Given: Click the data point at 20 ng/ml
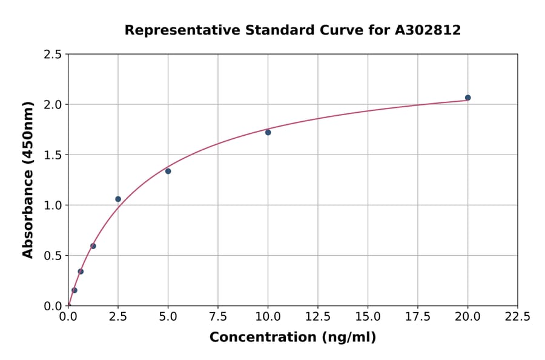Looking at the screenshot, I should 467,98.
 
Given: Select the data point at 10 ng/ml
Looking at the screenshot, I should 268,132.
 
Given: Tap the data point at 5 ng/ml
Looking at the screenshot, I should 168,171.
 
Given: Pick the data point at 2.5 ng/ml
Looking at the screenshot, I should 118,199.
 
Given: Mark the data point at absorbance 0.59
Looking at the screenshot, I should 93,246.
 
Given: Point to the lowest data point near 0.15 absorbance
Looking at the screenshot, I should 74,290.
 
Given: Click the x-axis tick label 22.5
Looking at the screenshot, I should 517,316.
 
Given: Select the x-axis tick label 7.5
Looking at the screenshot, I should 218,316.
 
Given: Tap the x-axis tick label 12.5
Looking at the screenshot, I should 318,316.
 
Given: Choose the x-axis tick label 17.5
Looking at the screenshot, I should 417,316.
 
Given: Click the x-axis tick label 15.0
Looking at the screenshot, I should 368,316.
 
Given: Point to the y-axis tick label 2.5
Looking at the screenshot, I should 53,55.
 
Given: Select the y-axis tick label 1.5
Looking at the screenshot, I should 53,155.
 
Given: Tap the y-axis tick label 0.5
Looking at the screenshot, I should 53,256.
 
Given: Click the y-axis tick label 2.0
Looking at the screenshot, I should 53,105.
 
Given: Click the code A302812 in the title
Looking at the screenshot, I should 428,30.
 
